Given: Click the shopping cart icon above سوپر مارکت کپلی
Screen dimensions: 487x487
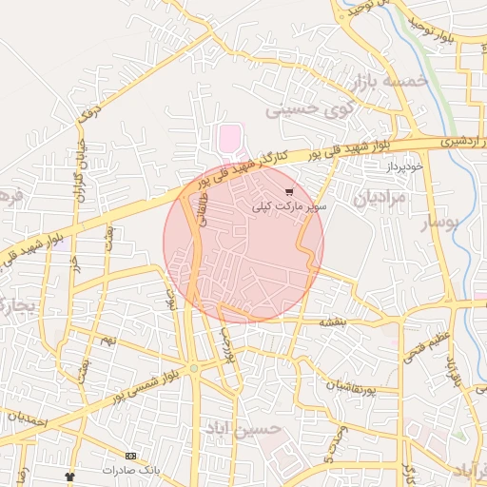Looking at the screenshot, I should tap(289, 192).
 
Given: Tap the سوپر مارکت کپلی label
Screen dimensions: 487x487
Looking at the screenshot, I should tap(289, 206).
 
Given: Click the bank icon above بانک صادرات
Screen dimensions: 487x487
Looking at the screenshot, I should tap(131, 457).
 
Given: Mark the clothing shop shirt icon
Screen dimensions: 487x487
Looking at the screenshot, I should tap(68, 475).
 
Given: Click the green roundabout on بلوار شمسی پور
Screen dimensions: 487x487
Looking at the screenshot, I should tap(193, 367).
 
